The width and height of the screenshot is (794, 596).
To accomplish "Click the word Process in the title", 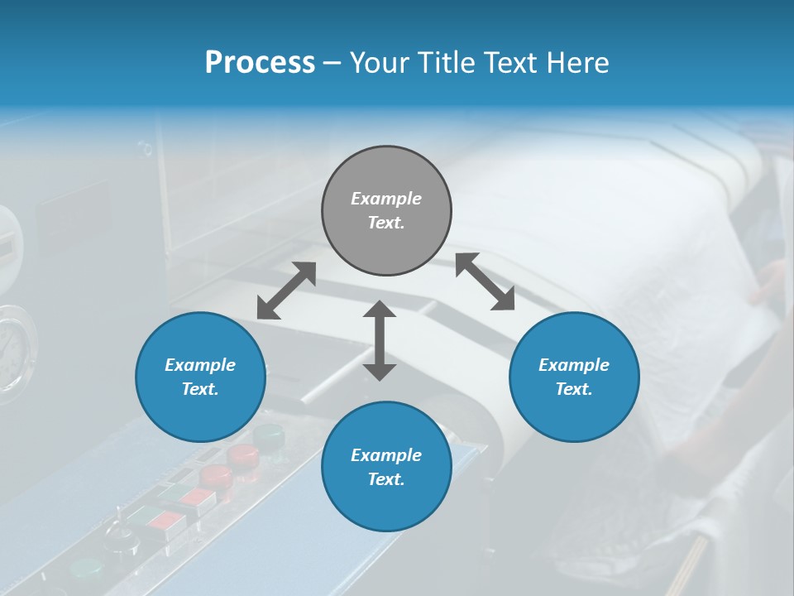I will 260,63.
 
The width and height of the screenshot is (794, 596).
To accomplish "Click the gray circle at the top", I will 386,210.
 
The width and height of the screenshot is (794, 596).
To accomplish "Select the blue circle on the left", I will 200,377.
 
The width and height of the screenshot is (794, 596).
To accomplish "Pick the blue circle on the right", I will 574,377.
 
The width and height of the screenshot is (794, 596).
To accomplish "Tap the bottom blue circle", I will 386,467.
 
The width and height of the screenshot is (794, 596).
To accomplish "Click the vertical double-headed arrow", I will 380,340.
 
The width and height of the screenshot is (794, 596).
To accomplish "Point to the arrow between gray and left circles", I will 286,291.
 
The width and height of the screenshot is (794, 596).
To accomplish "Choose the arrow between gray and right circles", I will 485,281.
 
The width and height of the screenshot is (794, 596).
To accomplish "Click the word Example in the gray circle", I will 386,199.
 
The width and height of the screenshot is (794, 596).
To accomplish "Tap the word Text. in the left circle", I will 200,389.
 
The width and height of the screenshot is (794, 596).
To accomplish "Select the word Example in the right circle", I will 574,365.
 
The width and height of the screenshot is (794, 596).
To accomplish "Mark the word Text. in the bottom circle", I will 386,479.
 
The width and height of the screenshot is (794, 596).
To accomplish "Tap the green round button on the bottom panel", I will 86,569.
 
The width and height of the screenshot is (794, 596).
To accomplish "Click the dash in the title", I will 332,63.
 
